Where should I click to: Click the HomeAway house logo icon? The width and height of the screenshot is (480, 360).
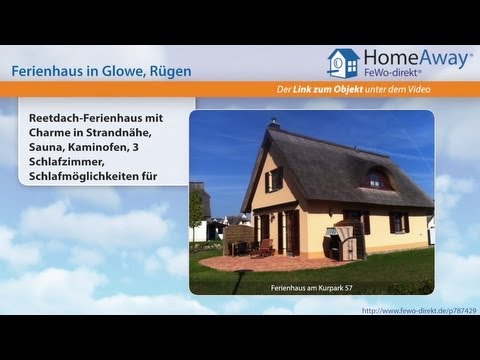point(343,62)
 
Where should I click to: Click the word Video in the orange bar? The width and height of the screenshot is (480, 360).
point(453,91)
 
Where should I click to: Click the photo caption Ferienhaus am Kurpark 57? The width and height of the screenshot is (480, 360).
point(311,288)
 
